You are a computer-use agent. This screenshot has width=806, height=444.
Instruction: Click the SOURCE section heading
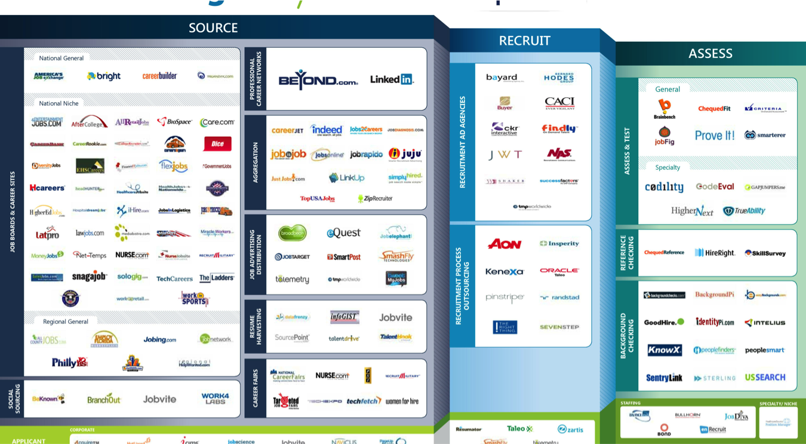click(213, 27)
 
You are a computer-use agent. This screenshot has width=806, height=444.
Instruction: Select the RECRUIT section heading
click(524, 41)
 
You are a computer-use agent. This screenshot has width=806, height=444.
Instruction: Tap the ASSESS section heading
click(710, 53)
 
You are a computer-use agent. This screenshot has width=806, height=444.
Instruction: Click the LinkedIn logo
click(392, 79)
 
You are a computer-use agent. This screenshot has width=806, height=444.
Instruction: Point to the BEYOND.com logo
click(318, 80)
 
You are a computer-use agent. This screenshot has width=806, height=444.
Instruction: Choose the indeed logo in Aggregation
click(327, 130)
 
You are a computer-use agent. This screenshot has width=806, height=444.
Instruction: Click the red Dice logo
click(217, 144)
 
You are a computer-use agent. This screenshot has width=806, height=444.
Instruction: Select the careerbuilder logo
click(159, 76)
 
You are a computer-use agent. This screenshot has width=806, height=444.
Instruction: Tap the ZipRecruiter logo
click(375, 198)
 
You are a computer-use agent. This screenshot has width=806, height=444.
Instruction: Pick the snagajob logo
click(90, 277)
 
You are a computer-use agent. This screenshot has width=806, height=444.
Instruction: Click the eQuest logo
click(343, 233)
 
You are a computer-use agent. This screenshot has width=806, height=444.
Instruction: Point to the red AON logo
click(504, 244)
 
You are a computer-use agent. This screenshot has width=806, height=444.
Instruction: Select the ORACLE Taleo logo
click(559, 271)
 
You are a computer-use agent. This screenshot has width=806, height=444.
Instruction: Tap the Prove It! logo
click(715, 136)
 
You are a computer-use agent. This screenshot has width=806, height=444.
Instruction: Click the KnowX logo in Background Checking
click(665, 350)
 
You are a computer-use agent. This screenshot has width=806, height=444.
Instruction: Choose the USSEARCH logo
click(765, 377)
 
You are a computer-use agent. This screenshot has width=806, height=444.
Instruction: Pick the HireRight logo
click(715, 253)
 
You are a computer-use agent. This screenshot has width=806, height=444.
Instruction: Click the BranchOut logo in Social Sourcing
click(104, 399)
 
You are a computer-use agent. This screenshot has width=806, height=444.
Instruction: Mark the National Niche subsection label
click(59, 103)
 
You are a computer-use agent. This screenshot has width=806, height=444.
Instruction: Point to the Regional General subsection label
click(66, 321)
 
